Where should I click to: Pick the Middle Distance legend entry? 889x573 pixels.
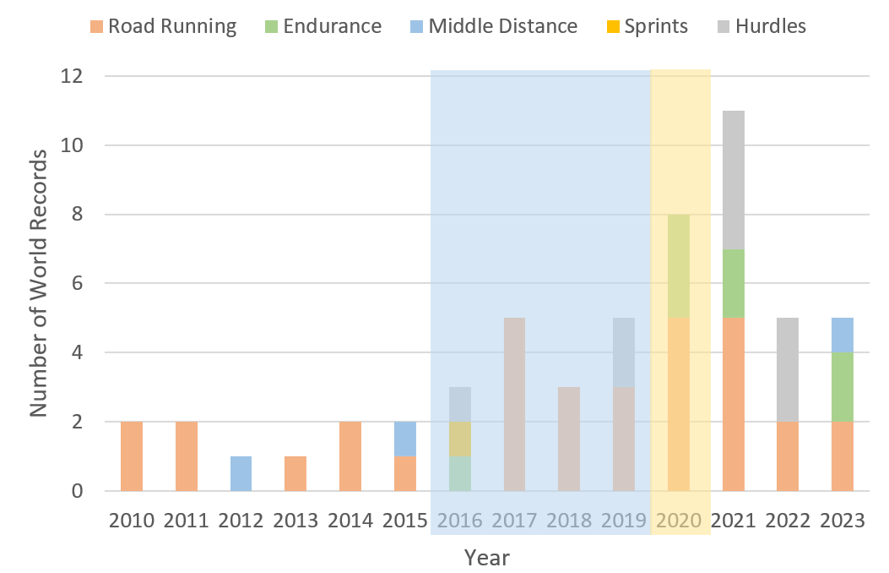click(493, 26)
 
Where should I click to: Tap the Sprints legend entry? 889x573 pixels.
click(646, 26)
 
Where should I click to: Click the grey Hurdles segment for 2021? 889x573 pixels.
click(733, 180)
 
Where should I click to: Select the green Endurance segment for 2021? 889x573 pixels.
click(733, 283)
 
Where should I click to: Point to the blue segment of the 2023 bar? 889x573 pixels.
click(843, 336)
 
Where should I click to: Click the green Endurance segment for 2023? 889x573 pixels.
click(843, 387)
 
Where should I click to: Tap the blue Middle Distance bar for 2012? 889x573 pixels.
click(241, 473)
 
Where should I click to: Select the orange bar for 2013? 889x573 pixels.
click(295, 473)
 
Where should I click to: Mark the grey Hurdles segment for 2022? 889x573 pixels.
click(788, 370)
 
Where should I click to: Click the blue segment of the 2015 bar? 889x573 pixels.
click(405, 439)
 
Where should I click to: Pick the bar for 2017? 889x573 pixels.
click(514, 404)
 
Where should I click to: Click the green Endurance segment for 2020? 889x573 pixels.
click(679, 266)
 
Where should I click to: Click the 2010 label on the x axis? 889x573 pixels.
click(132, 520)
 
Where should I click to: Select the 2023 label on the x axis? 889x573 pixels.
click(843, 520)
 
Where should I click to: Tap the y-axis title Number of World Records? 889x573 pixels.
click(39, 283)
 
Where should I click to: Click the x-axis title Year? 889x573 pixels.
click(487, 558)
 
